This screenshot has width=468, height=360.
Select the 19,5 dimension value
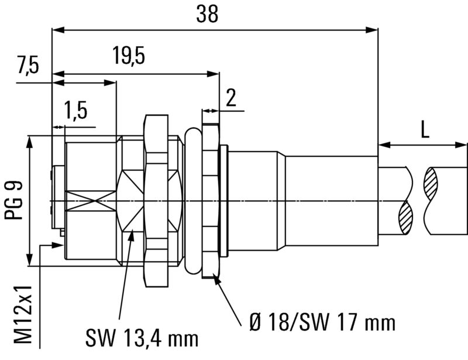[x=129, y=57]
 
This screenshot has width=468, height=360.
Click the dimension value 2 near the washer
[x=231, y=97]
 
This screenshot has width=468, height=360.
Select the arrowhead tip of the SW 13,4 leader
[x=133, y=232]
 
